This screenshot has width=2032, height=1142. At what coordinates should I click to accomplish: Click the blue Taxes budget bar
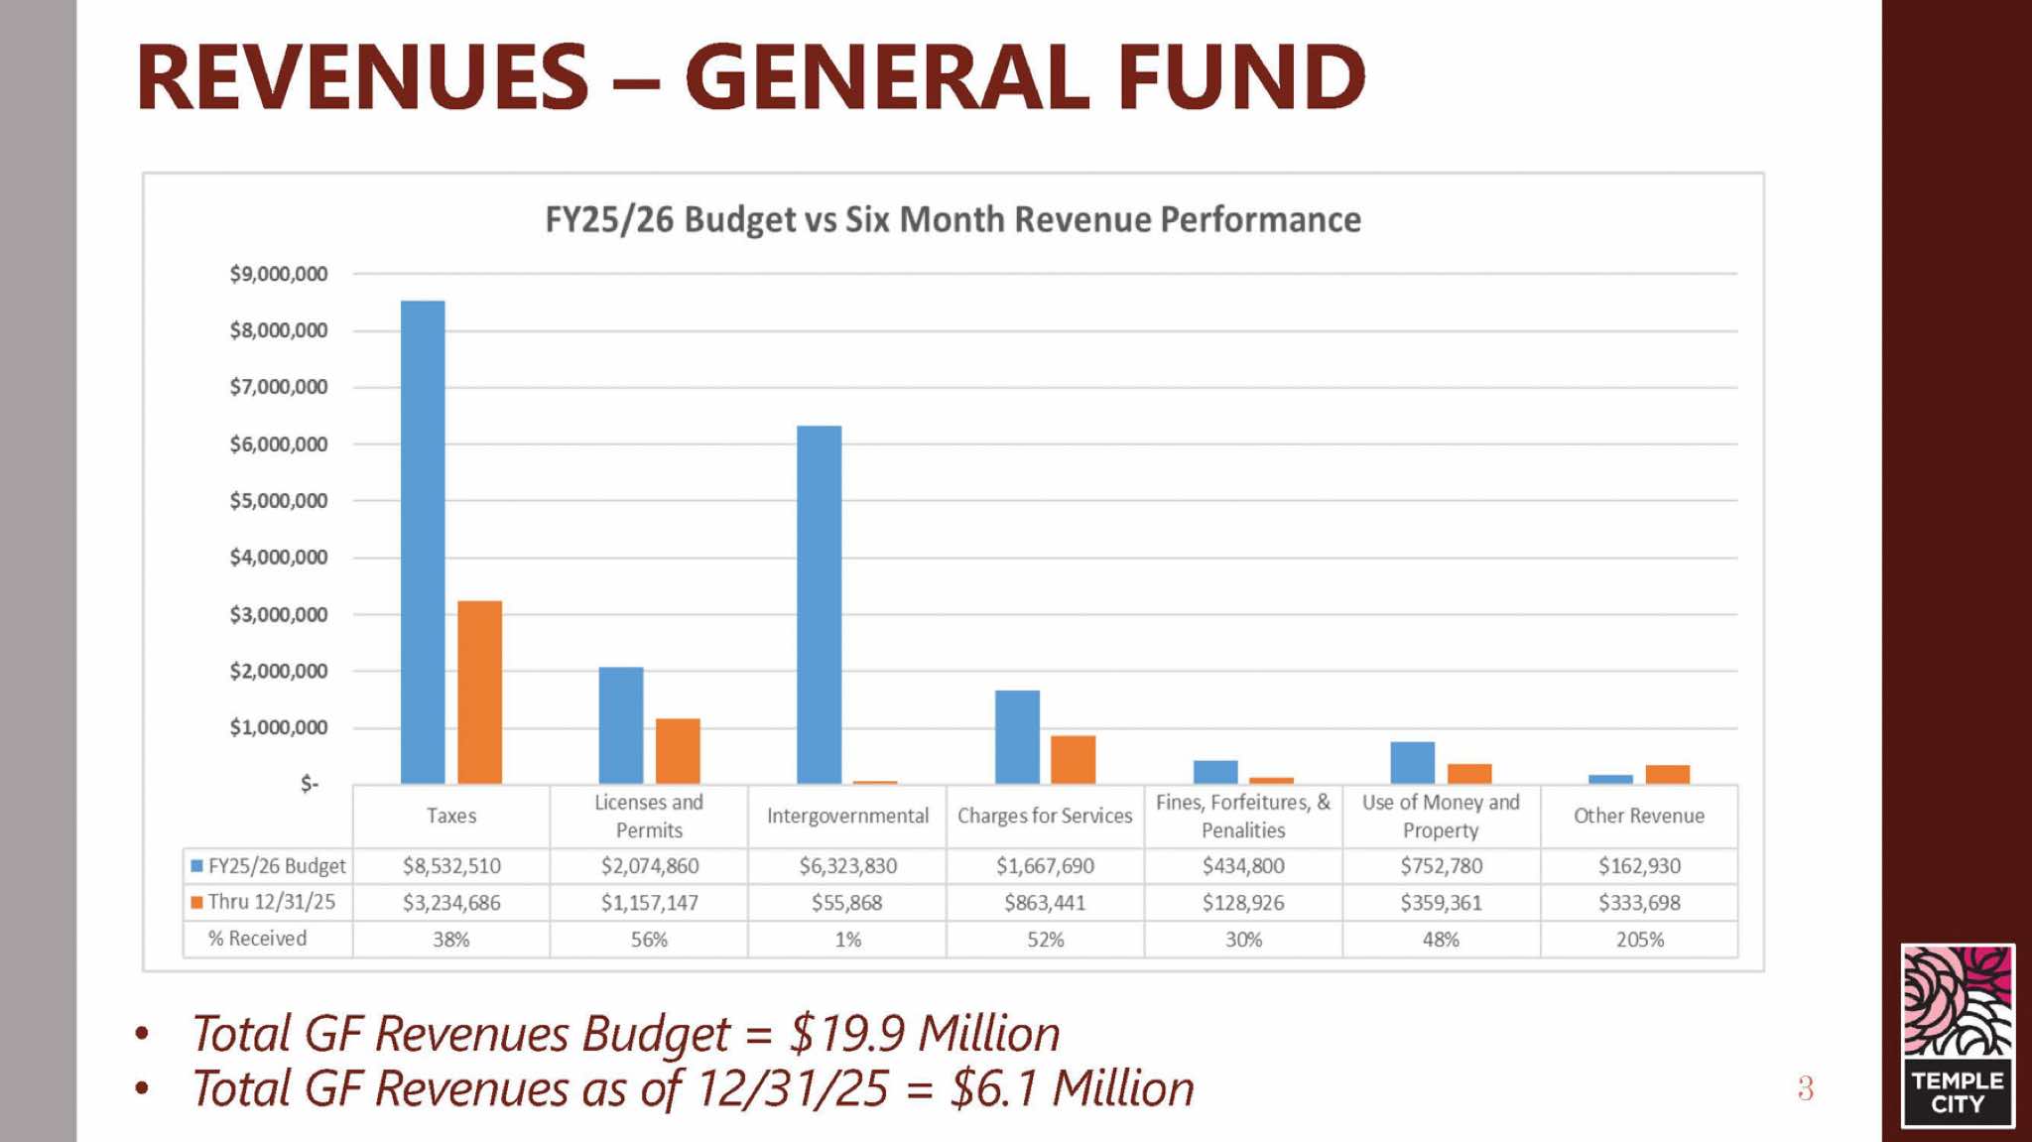[423, 542]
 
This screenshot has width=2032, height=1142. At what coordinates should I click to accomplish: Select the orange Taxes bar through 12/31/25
[479, 692]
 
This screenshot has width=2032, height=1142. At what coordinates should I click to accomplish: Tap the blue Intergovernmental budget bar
[820, 604]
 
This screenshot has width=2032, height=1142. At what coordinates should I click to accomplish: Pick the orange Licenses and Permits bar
[678, 751]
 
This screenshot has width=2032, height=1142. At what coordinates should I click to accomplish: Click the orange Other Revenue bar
[1667, 774]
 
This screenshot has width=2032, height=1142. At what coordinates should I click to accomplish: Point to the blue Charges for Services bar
[1017, 736]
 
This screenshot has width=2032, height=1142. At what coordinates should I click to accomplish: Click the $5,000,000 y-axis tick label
[278, 501]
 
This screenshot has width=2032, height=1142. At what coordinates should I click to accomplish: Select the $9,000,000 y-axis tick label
[278, 274]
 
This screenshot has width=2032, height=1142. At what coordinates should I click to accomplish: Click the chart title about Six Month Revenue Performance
[952, 219]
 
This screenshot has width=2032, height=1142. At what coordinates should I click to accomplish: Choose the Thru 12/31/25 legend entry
[263, 902]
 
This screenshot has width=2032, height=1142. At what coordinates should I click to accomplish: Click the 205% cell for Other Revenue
[1639, 940]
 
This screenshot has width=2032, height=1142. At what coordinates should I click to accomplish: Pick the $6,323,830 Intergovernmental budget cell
[847, 866]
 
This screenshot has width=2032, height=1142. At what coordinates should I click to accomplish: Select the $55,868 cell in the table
[846, 903]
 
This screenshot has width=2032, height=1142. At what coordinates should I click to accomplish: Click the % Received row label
[257, 939]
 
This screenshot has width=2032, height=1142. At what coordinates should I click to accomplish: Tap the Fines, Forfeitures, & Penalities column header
[1243, 816]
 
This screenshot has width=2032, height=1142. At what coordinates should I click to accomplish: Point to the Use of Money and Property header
[1441, 816]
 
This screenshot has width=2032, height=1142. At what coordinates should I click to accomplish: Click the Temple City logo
[1958, 1035]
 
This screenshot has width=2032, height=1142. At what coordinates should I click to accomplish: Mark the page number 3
[1805, 1088]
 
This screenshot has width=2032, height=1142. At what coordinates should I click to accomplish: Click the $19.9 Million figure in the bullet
[924, 1034]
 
